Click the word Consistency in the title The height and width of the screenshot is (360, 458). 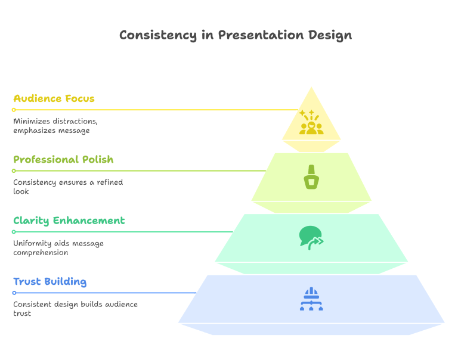(148, 35)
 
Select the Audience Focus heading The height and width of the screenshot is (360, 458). (54, 98)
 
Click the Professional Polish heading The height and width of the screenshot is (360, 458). (63, 160)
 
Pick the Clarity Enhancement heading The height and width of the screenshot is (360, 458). (69, 221)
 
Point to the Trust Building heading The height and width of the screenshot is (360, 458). (49, 281)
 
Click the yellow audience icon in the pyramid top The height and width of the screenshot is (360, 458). (311, 123)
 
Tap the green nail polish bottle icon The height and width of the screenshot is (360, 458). (311, 177)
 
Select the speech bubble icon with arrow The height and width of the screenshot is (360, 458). (311, 237)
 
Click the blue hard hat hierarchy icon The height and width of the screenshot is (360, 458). (311, 299)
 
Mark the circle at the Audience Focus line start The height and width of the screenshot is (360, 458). (14, 110)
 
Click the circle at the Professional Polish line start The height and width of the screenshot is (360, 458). (14, 171)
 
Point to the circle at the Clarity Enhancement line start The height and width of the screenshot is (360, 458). (14, 232)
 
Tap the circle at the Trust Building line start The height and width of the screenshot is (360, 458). (14, 293)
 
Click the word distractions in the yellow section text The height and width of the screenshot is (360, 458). (73, 122)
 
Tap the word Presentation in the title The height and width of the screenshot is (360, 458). (253, 35)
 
